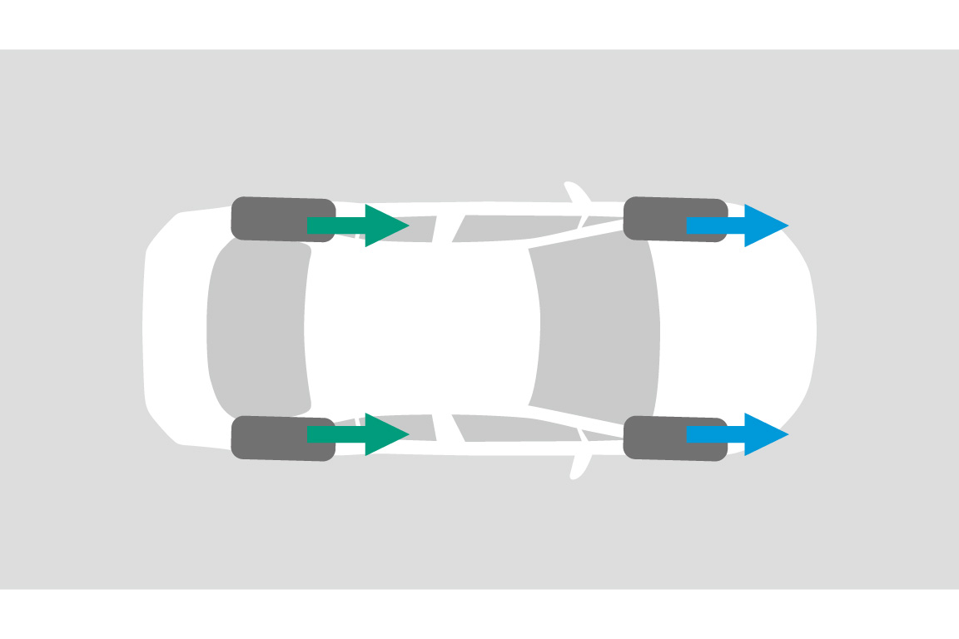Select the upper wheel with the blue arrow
(658, 219)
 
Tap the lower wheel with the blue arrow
(658, 438)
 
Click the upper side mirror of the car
(576, 193)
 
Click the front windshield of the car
(595, 329)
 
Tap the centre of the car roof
(420, 329)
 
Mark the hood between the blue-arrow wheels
(733, 329)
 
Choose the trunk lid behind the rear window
(175, 329)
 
